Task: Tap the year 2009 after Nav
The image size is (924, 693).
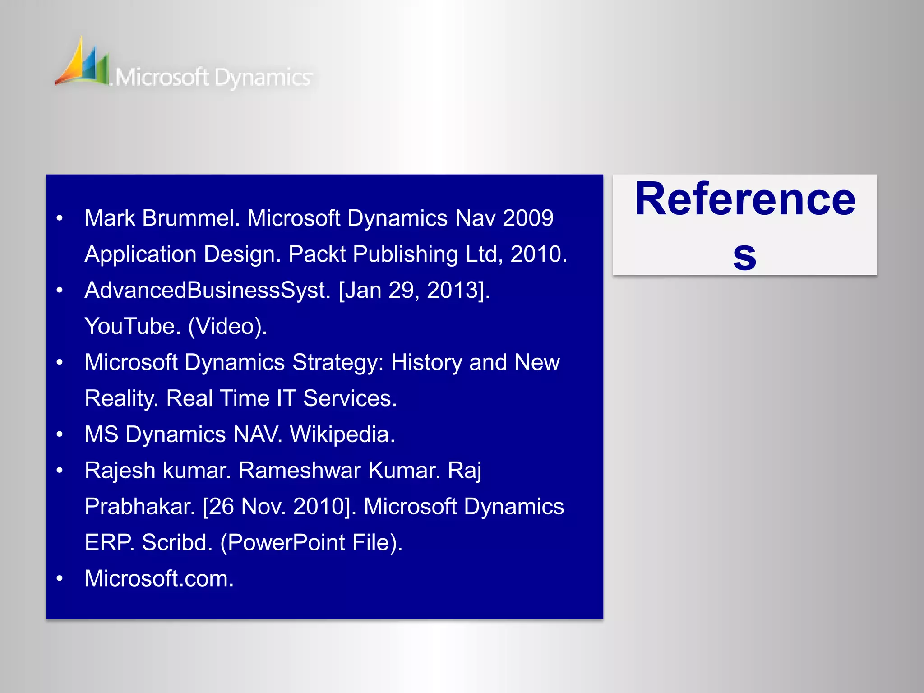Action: point(528,218)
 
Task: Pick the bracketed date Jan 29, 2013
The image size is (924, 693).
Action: point(414,290)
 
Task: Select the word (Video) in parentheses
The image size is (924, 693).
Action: point(227,326)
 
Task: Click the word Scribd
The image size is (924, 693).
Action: point(177,543)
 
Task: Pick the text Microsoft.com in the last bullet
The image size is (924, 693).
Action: point(159,579)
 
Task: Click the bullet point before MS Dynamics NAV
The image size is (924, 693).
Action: point(60,435)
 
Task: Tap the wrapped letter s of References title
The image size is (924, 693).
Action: point(744,256)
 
